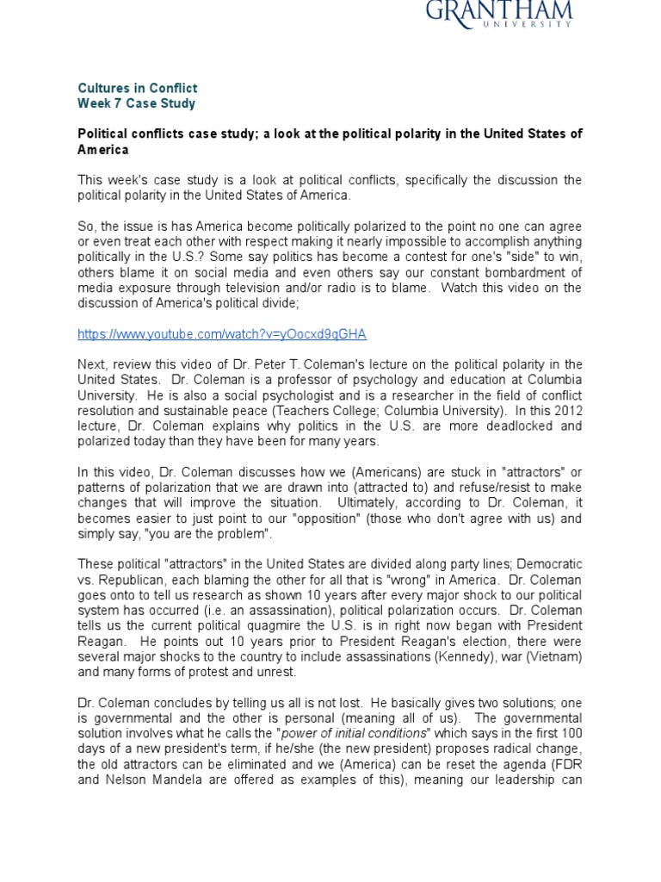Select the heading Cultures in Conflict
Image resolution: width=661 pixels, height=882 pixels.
138,88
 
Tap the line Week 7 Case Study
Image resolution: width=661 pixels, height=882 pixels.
137,103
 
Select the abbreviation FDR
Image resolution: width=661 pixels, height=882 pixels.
568,765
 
